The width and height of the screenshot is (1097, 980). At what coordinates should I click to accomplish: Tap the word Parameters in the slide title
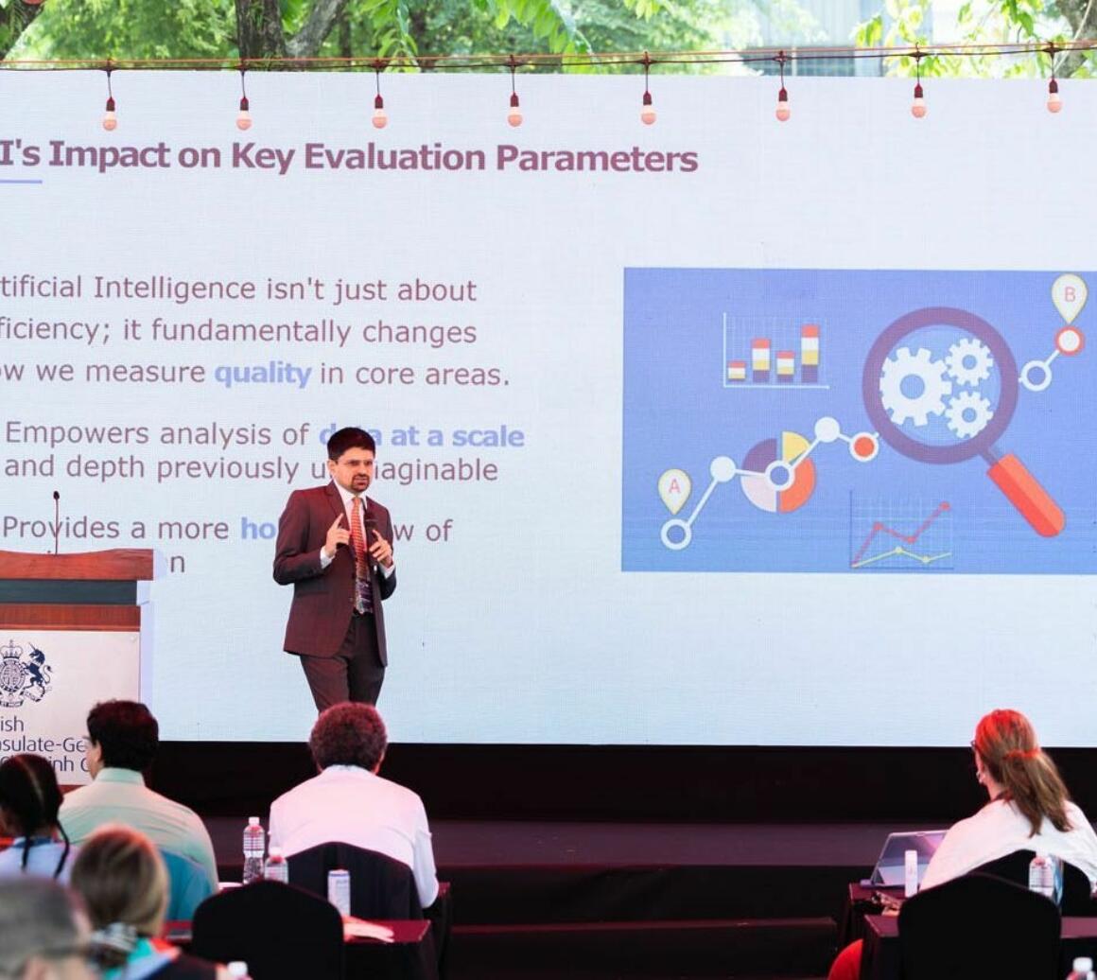(x=597, y=158)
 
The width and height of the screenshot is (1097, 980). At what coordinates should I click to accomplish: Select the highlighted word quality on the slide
(x=263, y=374)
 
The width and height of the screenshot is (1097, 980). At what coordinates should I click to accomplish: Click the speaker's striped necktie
(x=359, y=549)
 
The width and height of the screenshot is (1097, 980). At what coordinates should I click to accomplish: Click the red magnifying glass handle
(x=1026, y=494)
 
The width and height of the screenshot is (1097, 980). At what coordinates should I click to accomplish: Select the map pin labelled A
(x=674, y=490)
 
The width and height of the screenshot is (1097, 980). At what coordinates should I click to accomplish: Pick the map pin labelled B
(x=1070, y=295)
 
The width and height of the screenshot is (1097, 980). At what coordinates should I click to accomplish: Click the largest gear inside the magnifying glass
(x=913, y=385)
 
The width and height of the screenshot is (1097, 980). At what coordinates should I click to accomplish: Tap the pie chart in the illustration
(x=778, y=473)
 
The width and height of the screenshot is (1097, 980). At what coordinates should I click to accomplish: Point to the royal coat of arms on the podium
(x=23, y=673)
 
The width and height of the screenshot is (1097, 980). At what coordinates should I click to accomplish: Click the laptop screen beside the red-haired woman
(x=907, y=854)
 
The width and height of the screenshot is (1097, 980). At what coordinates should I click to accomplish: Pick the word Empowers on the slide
(x=78, y=433)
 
